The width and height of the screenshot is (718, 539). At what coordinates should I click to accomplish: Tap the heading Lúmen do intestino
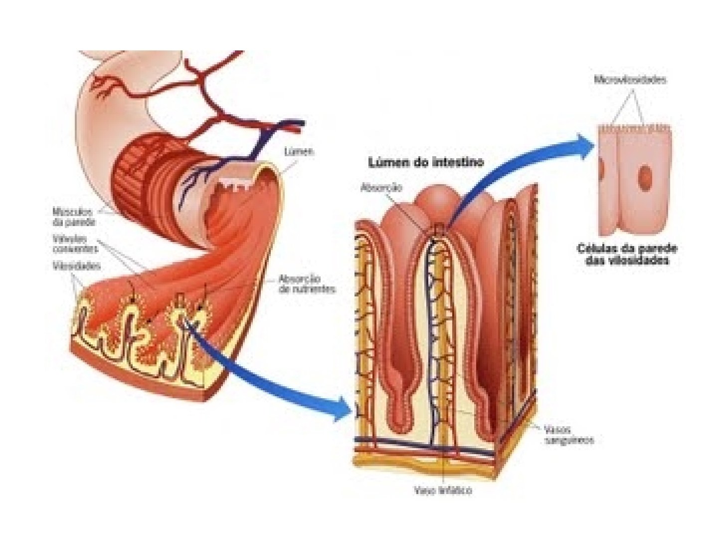coord(425,163)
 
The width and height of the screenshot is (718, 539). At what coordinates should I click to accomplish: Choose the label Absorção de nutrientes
coord(306,284)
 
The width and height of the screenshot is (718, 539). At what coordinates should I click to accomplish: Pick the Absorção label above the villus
coord(381,188)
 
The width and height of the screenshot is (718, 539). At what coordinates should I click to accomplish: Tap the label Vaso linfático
coord(443,491)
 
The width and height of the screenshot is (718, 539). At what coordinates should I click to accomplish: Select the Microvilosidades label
coord(630,80)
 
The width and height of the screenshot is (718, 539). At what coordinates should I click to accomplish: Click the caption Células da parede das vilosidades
coord(627,254)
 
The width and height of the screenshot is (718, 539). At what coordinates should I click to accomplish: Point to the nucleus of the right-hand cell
coord(646,177)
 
